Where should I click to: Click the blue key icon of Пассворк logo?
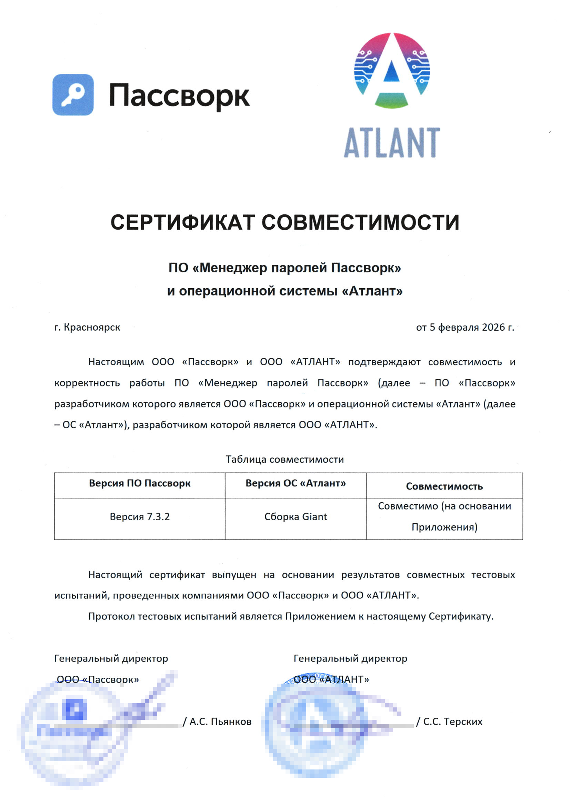pos(73,95)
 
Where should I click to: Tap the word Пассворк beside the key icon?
pos(179,95)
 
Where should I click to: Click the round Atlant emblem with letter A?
pos(392,70)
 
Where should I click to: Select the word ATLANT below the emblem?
pos(392,143)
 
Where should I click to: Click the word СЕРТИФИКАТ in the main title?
pos(182,223)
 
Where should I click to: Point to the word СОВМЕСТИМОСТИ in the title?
pos(360,223)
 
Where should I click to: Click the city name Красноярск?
pos(92,327)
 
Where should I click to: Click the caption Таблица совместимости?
pos(284,459)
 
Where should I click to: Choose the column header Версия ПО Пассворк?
pos(139,483)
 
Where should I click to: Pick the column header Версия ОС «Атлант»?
pos(296,483)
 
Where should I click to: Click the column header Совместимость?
pos(444,486)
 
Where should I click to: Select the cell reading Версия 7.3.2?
pos(139,516)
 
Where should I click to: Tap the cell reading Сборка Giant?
pos(296,516)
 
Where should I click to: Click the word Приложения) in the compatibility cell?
pos(444,527)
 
